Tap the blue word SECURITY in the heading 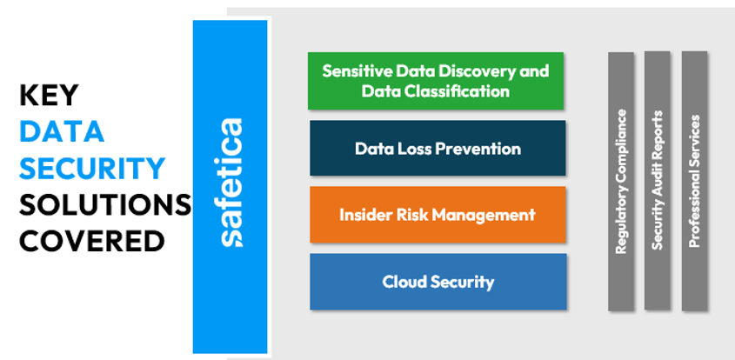(92, 168)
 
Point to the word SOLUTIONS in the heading (105, 204)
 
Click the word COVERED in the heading (92, 240)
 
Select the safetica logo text (231, 183)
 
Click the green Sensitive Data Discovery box (435, 80)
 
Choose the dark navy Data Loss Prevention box (438, 148)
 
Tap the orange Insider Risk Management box (438, 214)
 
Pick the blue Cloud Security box (438, 281)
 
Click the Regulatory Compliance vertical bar (621, 181)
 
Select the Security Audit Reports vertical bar (658, 180)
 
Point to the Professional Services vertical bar (694, 180)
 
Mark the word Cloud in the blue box (403, 282)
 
